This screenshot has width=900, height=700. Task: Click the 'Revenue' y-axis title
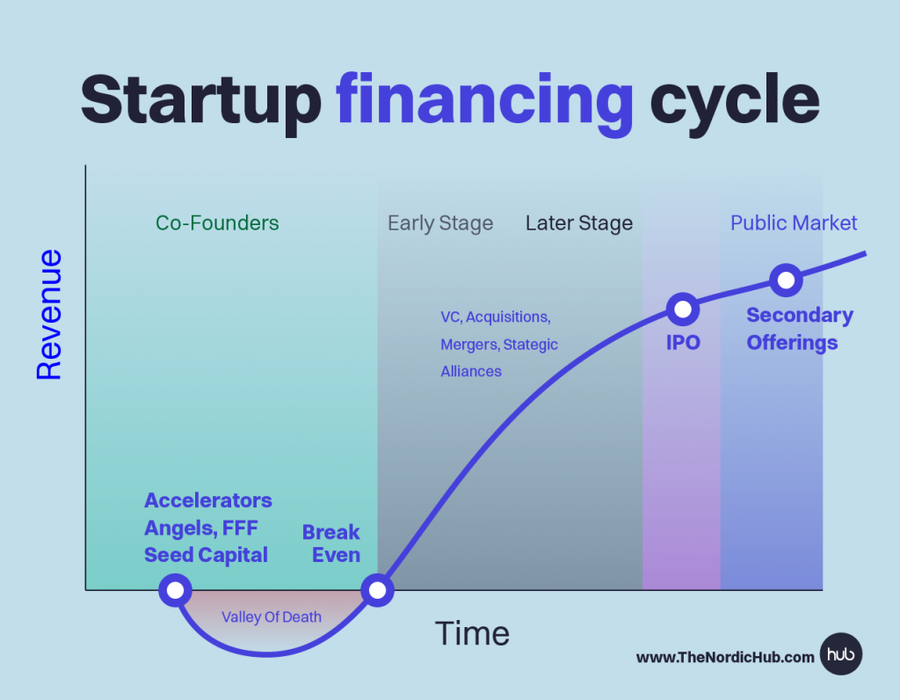pyautogui.click(x=49, y=314)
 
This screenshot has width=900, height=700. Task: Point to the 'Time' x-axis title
pyautogui.click(x=472, y=633)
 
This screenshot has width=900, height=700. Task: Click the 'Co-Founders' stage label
pyautogui.click(x=217, y=222)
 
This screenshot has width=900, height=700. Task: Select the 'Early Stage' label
pyautogui.click(x=440, y=223)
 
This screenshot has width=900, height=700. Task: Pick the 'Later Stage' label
pyautogui.click(x=579, y=223)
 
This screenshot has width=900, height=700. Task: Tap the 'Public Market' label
pyautogui.click(x=794, y=222)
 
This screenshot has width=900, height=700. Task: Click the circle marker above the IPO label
pyautogui.click(x=682, y=310)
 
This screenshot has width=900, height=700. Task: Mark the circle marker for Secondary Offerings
pyautogui.click(x=786, y=281)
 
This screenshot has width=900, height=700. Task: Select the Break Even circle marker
pyautogui.click(x=377, y=590)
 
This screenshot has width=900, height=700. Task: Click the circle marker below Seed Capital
pyautogui.click(x=175, y=590)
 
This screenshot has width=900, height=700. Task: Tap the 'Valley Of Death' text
pyautogui.click(x=272, y=616)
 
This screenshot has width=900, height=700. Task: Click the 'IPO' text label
pyautogui.click(x=683, y=343)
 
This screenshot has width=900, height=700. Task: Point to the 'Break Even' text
pyautogui.click(x=331, y=543)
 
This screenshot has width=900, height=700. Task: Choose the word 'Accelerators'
pyautogui.click(x=207, y=500)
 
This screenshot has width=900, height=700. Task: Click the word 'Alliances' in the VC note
pyautogui.click(x=471, y=371)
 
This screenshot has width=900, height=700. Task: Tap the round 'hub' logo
pyautogui.click(x=841, y=654)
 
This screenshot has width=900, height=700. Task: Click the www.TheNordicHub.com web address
pyautogui.click(x=725, y=658)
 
